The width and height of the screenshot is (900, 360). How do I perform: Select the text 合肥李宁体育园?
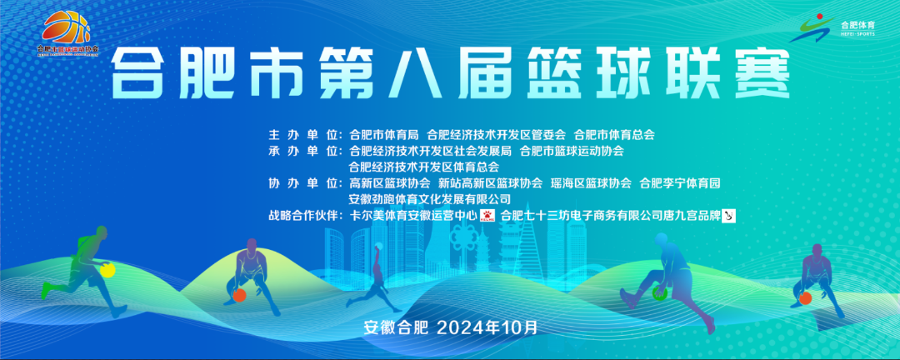[679, 182]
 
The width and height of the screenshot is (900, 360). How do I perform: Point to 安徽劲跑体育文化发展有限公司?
[430, 199]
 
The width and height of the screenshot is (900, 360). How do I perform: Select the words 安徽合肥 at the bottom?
[395, 326]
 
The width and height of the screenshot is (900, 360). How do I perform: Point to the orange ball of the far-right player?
[805, 297]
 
